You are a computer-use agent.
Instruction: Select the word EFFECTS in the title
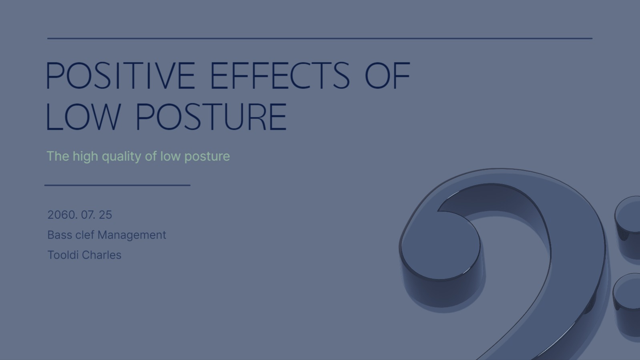click(x=280, y=76)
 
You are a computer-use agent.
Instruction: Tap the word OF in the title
click(x=387, y=76)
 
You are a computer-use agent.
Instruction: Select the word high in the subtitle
click(x=85, y=157)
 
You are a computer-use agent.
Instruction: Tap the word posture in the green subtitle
click(x=207, y=157)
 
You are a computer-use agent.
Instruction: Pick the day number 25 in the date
click(x=105, y=215)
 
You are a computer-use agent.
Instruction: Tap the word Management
click(x=132, y=235)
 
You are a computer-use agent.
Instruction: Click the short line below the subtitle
click(x=117, y=185)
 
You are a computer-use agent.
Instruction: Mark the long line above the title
click(x=320, y=38)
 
